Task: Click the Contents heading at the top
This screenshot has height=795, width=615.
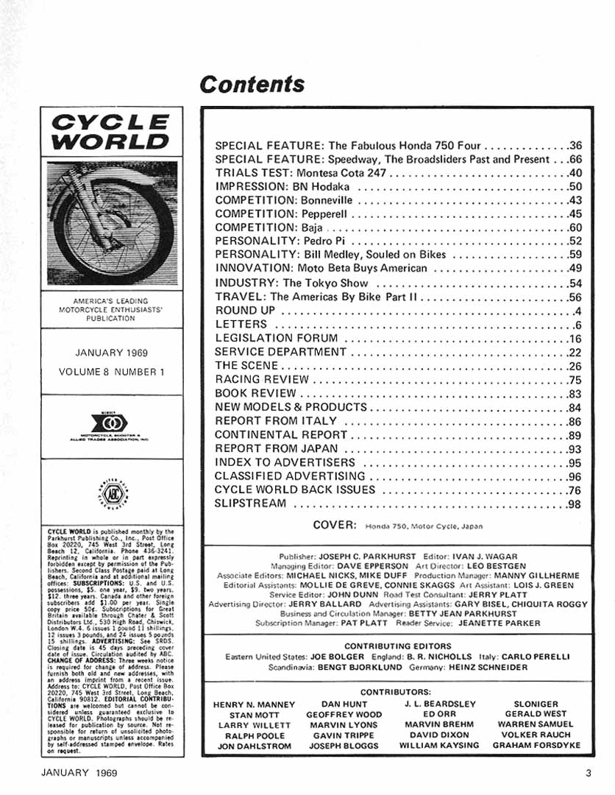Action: (252, 84)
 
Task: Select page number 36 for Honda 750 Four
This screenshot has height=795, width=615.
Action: (575, 145)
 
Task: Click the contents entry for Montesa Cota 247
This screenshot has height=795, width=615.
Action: (301, 173)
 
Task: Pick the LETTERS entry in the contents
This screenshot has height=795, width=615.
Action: (241, 324)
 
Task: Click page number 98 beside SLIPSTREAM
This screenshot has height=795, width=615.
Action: (575, 504)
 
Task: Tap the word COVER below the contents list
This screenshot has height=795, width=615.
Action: (335, 525)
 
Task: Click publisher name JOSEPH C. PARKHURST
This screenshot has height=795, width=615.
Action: (364, 556)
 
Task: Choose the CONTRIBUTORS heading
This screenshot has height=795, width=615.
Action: (396, 693)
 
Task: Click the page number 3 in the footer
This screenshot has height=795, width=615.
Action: (589, 773)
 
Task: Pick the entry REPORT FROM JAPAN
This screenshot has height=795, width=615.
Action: (276, 449)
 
